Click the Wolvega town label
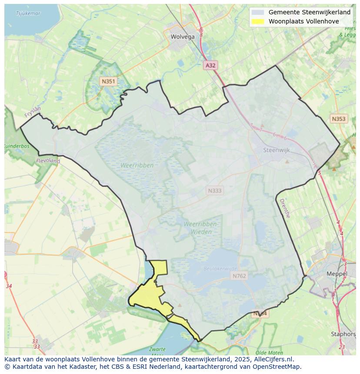183,37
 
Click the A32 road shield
210,65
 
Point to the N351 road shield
108,81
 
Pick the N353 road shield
338,119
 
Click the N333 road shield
215,190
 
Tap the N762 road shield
239,276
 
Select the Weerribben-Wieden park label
201,228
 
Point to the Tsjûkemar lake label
28,13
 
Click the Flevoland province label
48,161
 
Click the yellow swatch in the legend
258,21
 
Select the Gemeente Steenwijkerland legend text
309,12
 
